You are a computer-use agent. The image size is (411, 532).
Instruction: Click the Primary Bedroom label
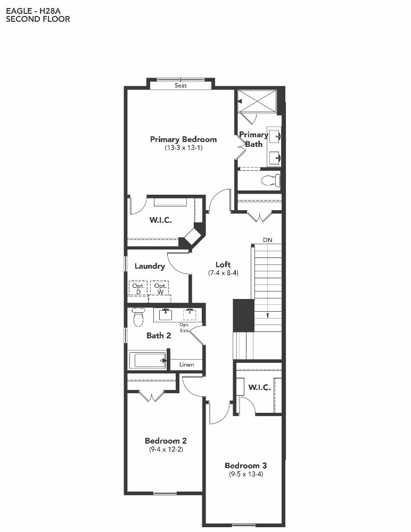tap(184, 139)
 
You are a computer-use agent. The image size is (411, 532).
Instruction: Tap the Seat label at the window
tap(180, 86)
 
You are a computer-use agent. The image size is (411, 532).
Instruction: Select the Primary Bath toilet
tap(270, 180)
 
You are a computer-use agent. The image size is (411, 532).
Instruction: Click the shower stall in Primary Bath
tap(257, 101)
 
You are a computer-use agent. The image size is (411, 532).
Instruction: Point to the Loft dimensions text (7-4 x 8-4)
tap(223, 273)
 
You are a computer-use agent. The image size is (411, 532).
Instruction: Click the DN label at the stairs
tap(268, 240)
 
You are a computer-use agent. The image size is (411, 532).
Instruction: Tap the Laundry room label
tap(150, 267)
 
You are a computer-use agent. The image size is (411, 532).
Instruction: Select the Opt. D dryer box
tap(138, 288)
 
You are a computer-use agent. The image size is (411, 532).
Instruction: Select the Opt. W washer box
tap(160, 288)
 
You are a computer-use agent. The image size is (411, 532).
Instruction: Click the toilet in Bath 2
tap(138, 317)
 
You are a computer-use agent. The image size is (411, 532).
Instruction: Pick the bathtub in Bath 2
tap(148, 360)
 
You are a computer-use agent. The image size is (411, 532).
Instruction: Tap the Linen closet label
tap(186, 365)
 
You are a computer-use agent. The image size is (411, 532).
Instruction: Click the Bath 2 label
tap(159, 336)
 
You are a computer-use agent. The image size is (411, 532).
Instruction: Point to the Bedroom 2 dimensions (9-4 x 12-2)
tap(166, 450)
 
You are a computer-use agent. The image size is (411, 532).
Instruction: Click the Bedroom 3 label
tap(246, 466)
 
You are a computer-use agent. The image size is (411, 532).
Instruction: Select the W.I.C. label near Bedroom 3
tap(259, 387)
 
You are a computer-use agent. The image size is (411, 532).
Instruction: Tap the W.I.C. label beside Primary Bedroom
tap(161, 220)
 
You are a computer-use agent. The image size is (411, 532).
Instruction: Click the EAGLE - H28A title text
tap(34, 11)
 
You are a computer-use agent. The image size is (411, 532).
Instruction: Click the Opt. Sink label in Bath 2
tap(184, 328)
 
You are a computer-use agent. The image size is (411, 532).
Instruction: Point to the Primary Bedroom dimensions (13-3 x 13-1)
tap(184, 148)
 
